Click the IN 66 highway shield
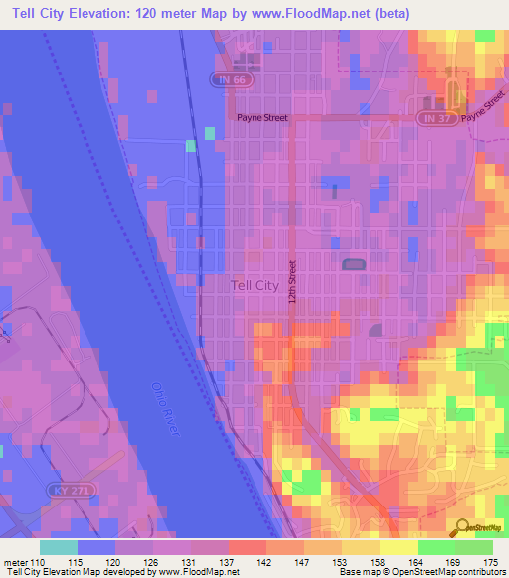[x=230, y=77]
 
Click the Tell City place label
[x=254, y=285]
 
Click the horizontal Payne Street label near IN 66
[x=261, y=118]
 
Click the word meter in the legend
[x=15, y=562]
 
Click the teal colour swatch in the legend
[x=58, y=547]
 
